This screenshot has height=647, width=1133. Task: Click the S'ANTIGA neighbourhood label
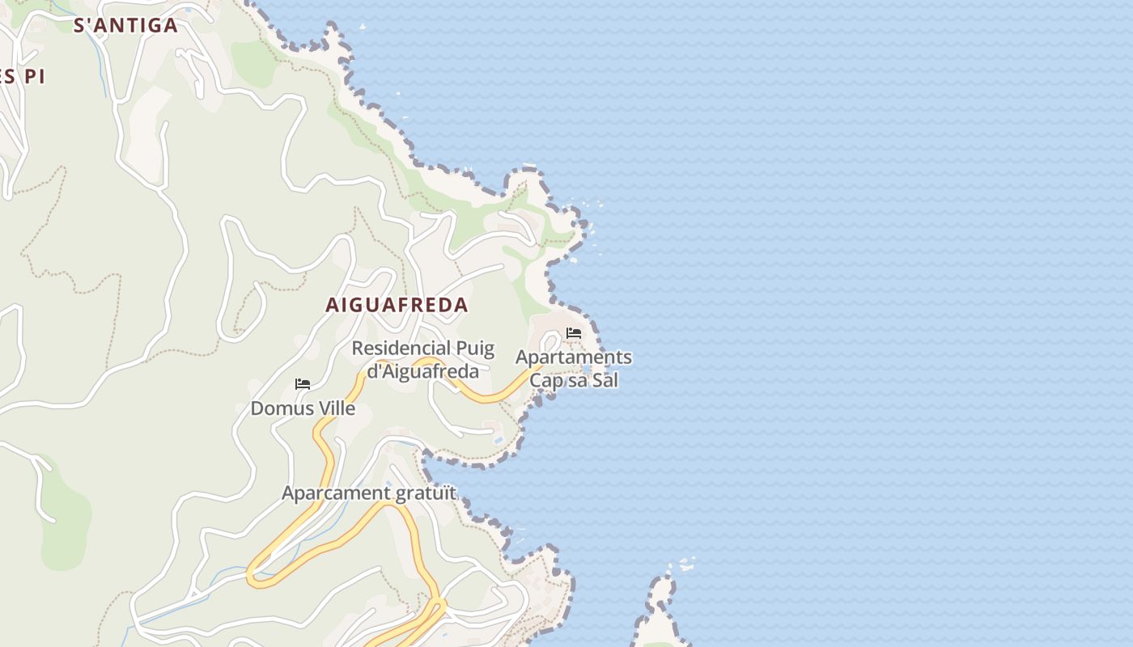pyautogui.click(x=125, y=25)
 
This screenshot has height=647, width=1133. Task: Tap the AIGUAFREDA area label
pyautogui.click(x=397, y=305)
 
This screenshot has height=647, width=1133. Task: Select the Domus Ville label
pyautogui.click(x=303, y=408)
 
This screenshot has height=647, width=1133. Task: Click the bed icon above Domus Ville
pyautogui.click(x=303, y=384)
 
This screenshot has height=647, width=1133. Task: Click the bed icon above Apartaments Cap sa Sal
pyautogui.click(x=574, y=333)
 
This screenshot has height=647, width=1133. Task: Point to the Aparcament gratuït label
pyautogui.click(x=369, y=493)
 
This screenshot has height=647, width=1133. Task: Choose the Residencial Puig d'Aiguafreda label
pyautogui.click(x=422, y=360)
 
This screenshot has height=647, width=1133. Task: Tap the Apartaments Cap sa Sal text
pyautogui.click(x=574, y=368)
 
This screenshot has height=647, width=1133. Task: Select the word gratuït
pyautogui.click(x=426, y=493)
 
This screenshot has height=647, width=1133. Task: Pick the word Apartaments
pyautogui.click(x=574, y=357)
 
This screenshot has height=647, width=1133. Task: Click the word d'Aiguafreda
pyautogui.click(x=422, y=372)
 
